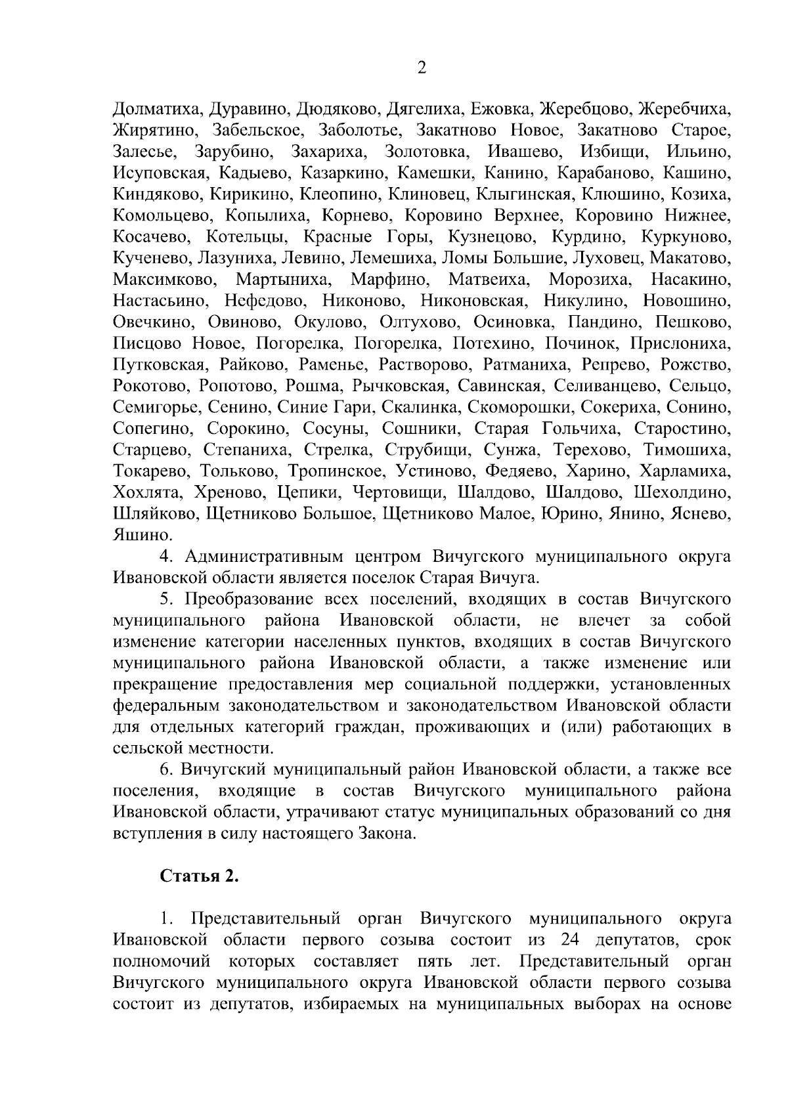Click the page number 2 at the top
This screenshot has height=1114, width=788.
[x=422, y=68]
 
